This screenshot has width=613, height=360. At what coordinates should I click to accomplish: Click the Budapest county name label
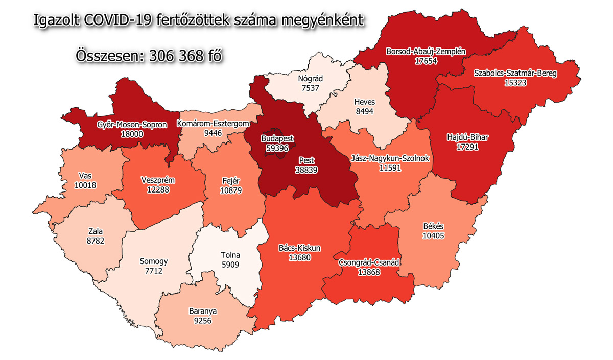tap(277, 138)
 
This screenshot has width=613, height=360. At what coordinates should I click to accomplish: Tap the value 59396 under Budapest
tap(277, 147)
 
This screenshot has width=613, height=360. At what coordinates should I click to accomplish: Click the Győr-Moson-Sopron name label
tap(132, 125)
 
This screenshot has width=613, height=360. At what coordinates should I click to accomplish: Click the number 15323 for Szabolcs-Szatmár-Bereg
tap(515, 82)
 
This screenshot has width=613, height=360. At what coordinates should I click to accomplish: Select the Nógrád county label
tap(311, 79)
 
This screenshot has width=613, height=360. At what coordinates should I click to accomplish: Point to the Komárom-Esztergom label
tap(213, 123)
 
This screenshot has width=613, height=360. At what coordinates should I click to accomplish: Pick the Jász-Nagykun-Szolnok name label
tap(390, 159)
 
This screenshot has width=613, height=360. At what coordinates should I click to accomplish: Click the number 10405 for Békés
tap(433, 235)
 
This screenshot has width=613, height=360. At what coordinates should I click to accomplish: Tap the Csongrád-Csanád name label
tap(369, 262)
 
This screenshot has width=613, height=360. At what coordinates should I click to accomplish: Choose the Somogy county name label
tap(153, 261)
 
